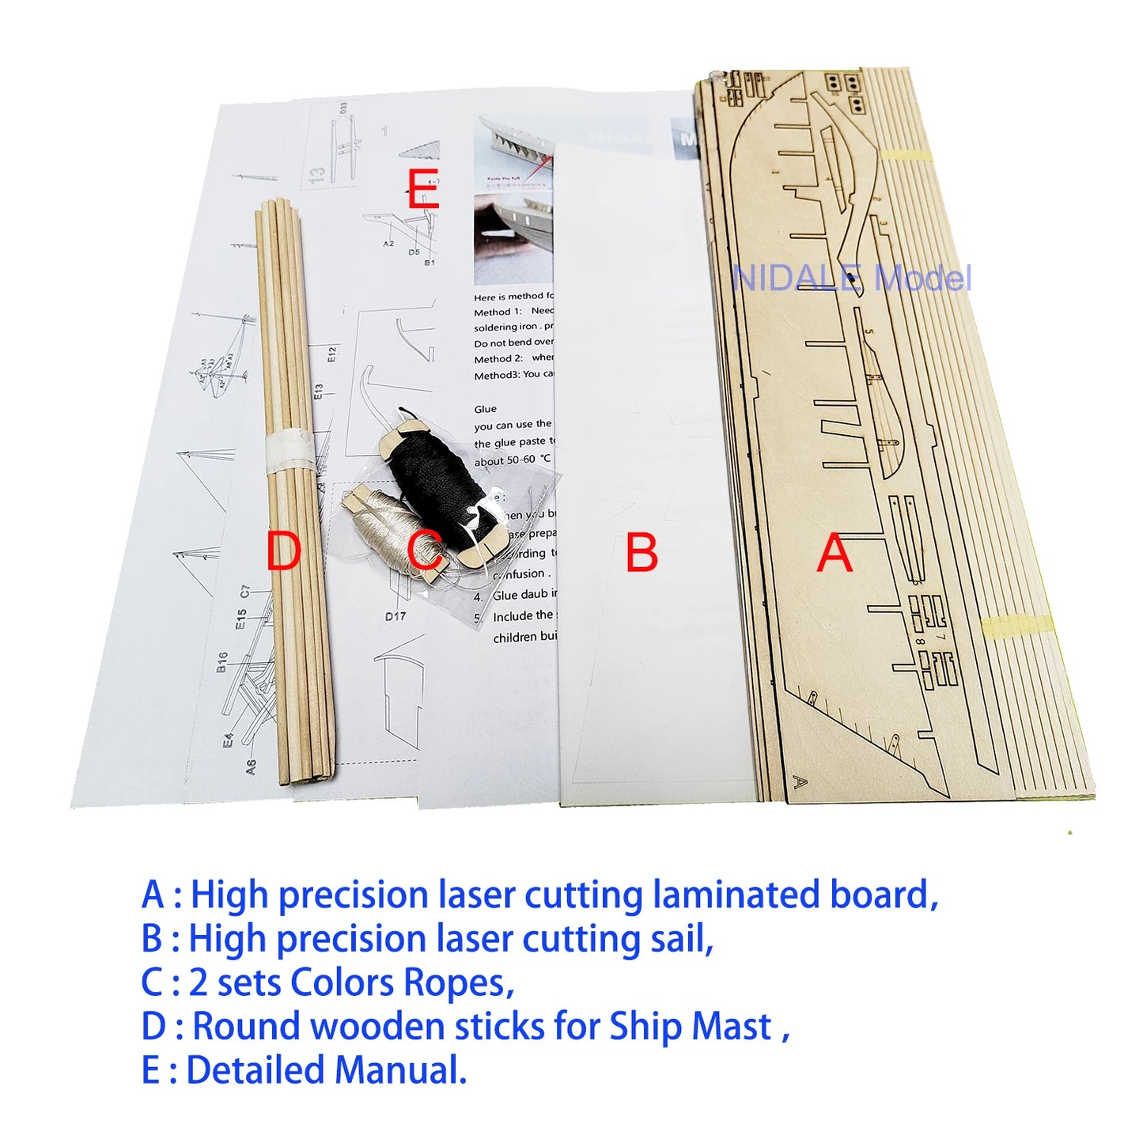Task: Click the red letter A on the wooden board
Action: (x=835, y=553)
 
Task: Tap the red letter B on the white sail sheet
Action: (x=642, y=553)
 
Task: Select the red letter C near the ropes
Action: (x=425, y=551)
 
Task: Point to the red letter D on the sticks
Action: (x=283, y=551)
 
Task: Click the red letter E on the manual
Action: (x=422, y=190)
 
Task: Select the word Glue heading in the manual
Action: (x=486, y=409)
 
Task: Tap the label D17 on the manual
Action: (x=396, y=616)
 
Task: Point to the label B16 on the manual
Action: (x=222, y=662)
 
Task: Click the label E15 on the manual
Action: (x=240, y=619)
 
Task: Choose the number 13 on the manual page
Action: (x=317, y=175)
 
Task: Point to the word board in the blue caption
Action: (x=882, y=895)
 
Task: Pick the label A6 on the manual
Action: (x=251, y=766)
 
